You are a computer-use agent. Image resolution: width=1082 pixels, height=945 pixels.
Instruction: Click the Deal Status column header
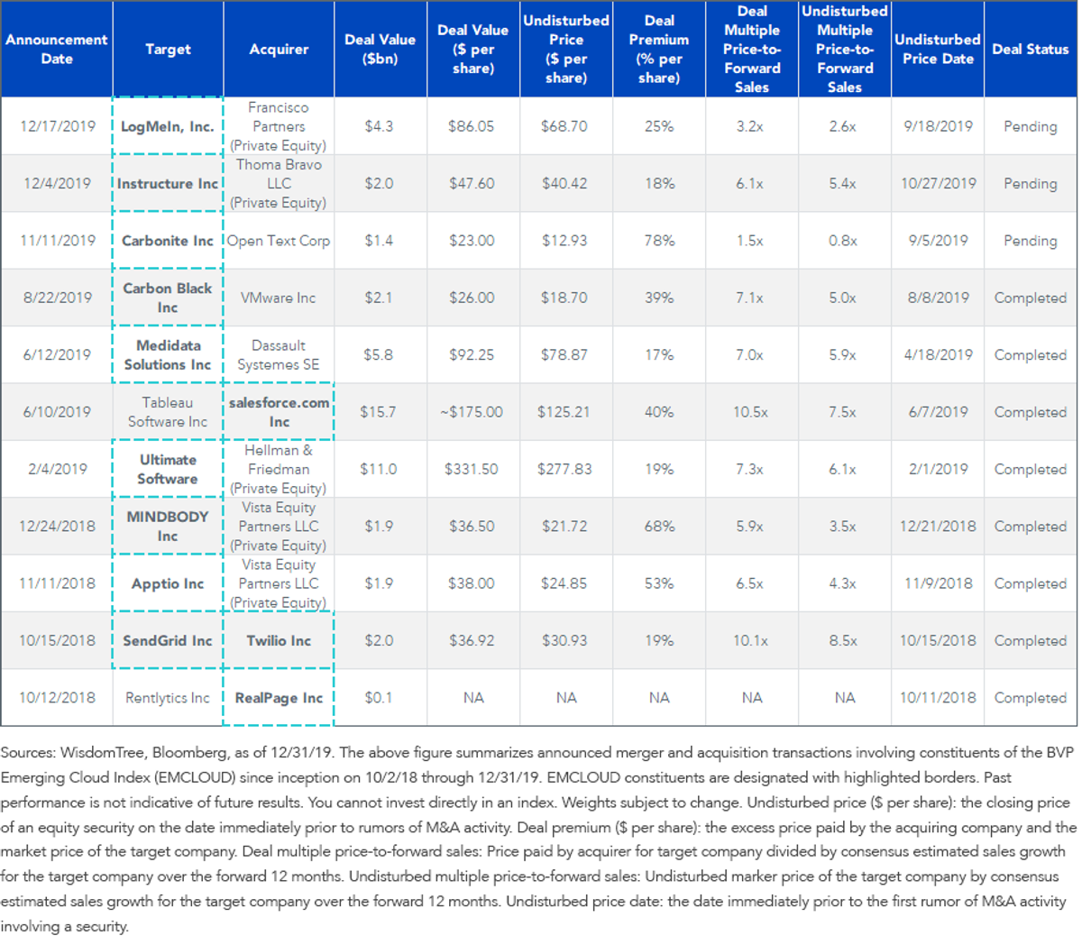pyautogui.click(x=1030, y=50)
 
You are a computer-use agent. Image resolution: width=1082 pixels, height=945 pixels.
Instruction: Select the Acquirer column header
pyautogui.click(x=279, y=50)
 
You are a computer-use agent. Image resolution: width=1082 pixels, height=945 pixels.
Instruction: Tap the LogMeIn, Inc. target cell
pyautogui.click(x=167, y=126)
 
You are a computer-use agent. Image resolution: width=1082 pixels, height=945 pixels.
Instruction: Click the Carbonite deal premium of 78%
pyautogui.click(x=659, y=241)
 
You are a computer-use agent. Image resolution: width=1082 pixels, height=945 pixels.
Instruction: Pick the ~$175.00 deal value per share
pyautogui.click(x=472, y=412)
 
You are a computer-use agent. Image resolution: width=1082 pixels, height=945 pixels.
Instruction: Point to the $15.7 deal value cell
pyautogui.click(x=378, y=412)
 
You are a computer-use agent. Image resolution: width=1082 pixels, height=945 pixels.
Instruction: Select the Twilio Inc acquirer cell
pyautogui.click(x=279, y=640)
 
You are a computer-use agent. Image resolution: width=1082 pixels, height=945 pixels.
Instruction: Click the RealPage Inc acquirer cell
pyautogui.click(x=279, y=698)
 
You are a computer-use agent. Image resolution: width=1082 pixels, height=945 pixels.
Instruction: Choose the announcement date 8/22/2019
pyautogui.click(x=58, y=298)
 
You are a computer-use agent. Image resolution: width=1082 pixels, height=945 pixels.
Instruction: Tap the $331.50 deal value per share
pyautogui.click(x=472, y=469)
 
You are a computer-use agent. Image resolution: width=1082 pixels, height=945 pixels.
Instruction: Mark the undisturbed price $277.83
pyautogui.click(x=564, y=469)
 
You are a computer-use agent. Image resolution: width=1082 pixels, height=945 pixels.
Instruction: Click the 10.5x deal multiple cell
pyautogui.click(x=750, y=412)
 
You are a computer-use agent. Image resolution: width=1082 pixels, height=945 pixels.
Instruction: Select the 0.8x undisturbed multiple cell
pyautogui.click(x=843, y=241)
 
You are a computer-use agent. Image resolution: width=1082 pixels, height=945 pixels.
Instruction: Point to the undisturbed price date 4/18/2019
pyautogui.click(x=938, y=355)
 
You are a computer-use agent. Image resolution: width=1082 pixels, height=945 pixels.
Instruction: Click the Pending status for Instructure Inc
pyautogui.click(x=1031, y=184)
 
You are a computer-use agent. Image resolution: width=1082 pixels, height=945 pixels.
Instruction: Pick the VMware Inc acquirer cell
pyautogui.click(x=278, y=298)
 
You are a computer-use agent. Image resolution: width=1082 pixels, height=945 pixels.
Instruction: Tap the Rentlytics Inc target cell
pyautogui.click(x=168, y=698)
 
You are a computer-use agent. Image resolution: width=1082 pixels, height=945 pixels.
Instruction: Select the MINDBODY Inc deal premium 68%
pyautogui.click(x=659, y=527)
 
